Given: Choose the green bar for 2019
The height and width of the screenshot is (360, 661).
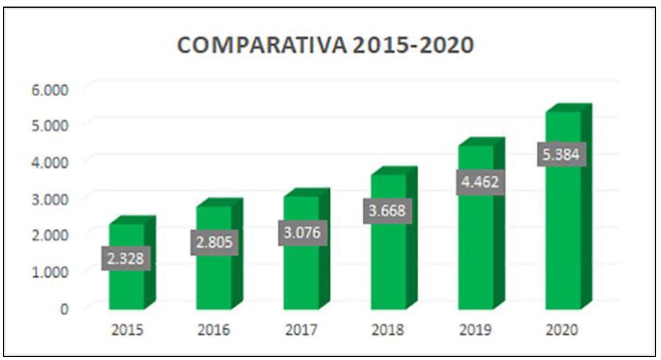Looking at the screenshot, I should [x=476, y=250].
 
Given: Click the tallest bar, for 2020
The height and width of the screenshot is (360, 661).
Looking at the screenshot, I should [x=563, y=238].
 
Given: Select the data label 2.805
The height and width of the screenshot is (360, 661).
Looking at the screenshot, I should [x=214, y=243].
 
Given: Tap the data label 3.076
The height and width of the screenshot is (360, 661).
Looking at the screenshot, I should [x=301, y=233].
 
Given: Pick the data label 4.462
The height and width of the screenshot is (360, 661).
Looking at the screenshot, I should [x=481, y=183].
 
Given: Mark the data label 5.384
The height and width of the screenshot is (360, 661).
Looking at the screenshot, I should [x=564, y=154].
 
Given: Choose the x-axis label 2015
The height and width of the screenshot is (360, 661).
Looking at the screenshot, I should [x=127, y=331].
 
